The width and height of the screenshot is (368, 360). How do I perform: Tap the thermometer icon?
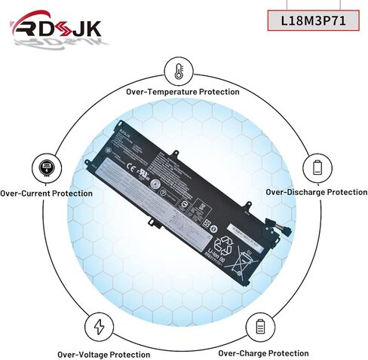pyautogui.click(x=178, y=72)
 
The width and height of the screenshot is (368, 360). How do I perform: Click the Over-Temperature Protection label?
pyautogui.click(x=183, y=92)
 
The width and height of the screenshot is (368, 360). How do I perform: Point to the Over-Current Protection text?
pyautogui.click(x=47, y=194)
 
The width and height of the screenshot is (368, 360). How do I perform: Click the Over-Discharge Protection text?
pyautogui.click(x=317, y=193)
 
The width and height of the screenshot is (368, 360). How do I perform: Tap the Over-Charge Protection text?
pyautogui.click(x=263, y=352)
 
